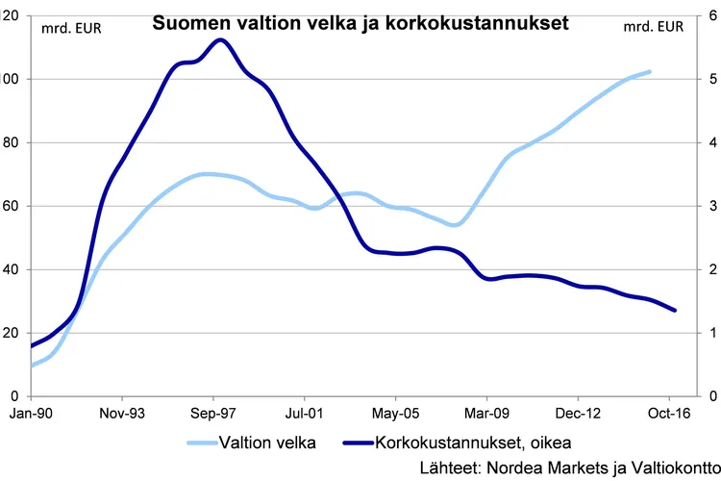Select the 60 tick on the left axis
pyautogui.click(x=12, y=206)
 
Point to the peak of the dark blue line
pyautogui.click(x=220, y=39)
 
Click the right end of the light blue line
pyautogui.click(x=650, y=71)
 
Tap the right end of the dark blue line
pyautogui.click(x=675, y=310)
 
